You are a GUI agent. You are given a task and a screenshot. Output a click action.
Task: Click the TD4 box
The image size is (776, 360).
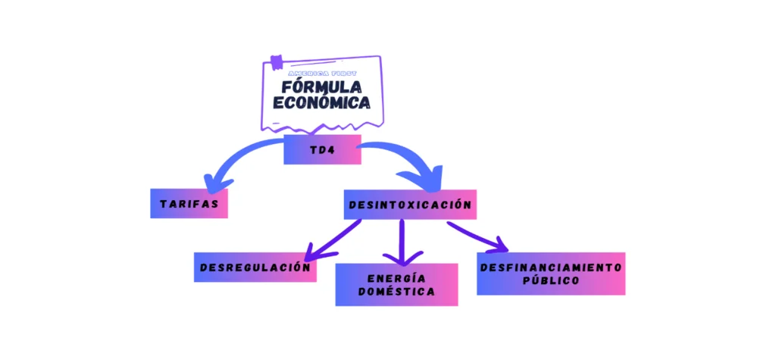[x=322, y=149]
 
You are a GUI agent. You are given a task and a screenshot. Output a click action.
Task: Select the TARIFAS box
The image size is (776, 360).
[x=189, y=203]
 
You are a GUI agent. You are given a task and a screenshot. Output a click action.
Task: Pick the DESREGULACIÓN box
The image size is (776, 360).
[x=255, y=267]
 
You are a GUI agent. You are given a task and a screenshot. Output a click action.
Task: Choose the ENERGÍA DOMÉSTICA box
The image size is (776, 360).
[x=396, y=284]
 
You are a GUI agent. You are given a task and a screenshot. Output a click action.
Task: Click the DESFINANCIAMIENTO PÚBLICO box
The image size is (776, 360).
[x=551, y=273]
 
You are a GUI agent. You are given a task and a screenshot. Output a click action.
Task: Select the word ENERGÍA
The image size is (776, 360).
[x=396, y=277]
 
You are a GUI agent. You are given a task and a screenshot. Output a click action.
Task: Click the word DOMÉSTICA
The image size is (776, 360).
[x=396, y=292]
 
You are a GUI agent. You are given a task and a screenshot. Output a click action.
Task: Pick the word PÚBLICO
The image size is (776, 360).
[x=551, y=280]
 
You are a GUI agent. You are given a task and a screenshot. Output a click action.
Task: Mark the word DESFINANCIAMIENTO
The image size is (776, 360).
[x=551, y=266]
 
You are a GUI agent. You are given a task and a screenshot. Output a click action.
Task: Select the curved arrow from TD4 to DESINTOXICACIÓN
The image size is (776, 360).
[x=402, y=155]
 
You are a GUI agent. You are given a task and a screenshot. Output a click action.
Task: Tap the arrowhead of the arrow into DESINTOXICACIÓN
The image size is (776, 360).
[x=430, y=182]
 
